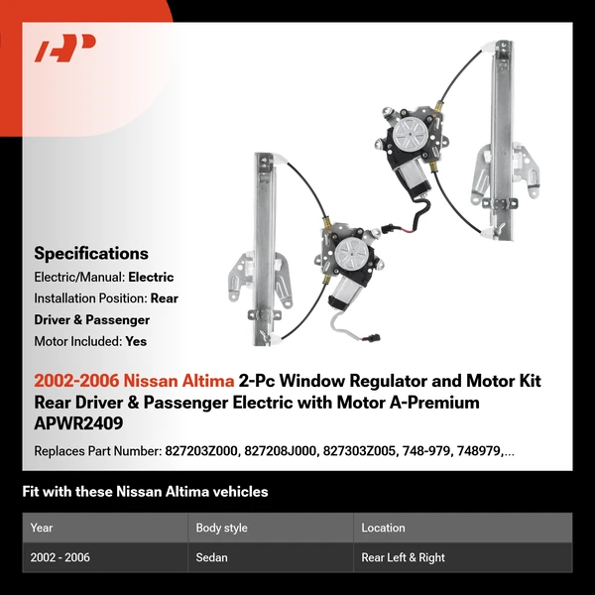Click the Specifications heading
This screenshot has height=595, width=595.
[91, 253]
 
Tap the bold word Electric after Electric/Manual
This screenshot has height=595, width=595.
[150, 278]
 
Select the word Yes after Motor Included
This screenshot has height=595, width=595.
[137, 341]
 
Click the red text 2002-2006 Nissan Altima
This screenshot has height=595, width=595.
[134, 381]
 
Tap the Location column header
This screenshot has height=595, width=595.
[383, 528]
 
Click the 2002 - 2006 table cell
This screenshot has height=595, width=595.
[60, 557]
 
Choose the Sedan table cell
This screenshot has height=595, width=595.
[212, 557]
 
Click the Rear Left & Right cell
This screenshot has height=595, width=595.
[404, 557]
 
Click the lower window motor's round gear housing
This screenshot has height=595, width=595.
[348, 253]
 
